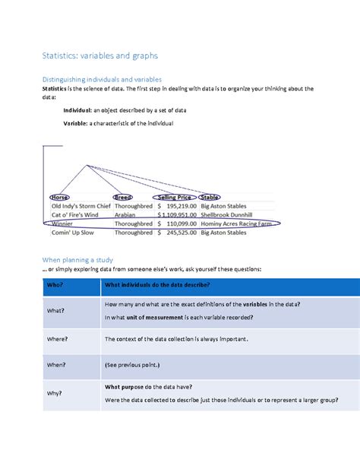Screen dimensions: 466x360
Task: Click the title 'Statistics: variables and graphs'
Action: coord(99,55)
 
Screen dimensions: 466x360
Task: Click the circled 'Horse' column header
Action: coord(59,197)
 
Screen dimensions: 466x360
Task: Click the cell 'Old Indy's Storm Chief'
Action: coord(80,206)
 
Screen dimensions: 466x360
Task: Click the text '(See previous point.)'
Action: coord(133,366)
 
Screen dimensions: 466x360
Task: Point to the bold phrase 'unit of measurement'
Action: coord(155,316)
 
